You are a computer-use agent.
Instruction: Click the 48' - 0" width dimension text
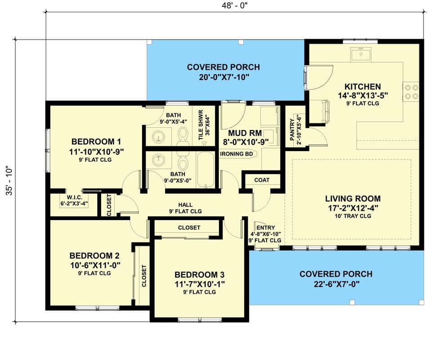pyautogui.click(x=234, y=5)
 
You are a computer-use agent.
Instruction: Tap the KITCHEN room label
pyautogui.click(x=362, y=86)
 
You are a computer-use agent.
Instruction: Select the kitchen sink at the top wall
pyautogui.click(x=361, y=55)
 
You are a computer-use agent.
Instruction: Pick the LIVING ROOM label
pyautogui.click(x=352, y=198)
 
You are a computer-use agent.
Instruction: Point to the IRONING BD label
pyautogui.click(x=236, y=154)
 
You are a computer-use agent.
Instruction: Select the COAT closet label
pyautogui.click(x=262, y=180)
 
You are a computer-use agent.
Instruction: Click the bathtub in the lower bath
pyautogui.click(x=207, y=170)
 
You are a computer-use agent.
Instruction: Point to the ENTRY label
pyautogui.click(x=265, y=228)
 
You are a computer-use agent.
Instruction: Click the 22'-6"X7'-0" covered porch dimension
pyautogui.click(x=336, y=284)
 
